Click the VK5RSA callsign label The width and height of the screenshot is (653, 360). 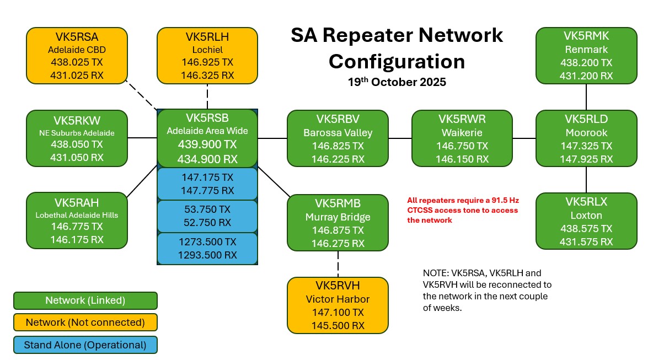(x=77, y=37)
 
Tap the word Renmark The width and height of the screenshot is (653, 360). (x=586, y=50)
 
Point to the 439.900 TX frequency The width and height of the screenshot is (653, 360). (x=207, y=145)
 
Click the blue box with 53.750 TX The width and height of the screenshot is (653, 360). (x=207, y=216)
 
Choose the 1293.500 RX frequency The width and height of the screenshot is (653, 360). (x=207, y=255)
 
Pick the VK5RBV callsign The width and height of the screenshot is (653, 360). (x=338, y=119)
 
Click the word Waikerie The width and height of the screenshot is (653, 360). (x=462, y=133)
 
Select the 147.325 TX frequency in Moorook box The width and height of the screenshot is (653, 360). (x=586, y=146)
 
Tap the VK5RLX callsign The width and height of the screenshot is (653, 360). (x=586, y=201)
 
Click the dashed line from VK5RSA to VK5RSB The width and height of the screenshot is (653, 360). (x=141, y=95)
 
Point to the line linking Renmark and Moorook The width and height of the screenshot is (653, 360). (x=586, y=96)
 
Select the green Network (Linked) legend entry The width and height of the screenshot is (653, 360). (x=85, y=300)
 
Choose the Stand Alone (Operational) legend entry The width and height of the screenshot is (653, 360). (x=85, y=345)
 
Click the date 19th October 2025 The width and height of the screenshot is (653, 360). (x=397, y=83)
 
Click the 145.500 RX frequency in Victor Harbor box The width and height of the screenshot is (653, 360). (x=338, y=325)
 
